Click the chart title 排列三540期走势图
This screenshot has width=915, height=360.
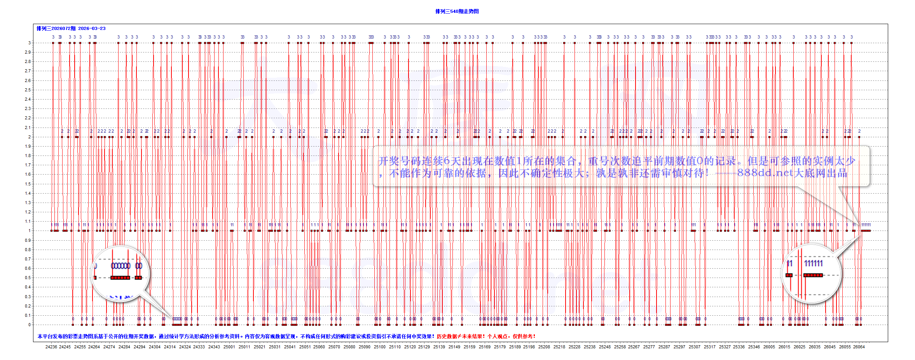[x=457, y=11]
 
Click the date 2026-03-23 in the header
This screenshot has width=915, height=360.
[x=92, y=28]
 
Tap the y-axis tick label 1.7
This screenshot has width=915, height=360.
[x=28, y=165]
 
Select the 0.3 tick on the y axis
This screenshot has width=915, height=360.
[x=28, y=297]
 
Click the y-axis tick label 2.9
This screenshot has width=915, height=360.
[x=28, y=52]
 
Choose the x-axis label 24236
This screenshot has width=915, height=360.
[x=51, y=347]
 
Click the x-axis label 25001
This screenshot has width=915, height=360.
[x=229, y=347]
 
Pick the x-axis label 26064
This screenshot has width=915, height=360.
[x=859, y=347]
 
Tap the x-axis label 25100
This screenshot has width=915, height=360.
[x=380, y=347]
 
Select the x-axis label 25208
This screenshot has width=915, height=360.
[x=544, y=347]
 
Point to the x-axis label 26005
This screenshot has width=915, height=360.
[x=769, y=347]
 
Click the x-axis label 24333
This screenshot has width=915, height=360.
[x=199, y=347]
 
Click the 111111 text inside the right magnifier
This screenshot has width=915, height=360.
[x=813, y=264]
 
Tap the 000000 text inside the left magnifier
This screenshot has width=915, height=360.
[x=120, y=266]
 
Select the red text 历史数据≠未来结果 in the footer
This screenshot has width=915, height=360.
[x=461, y=336]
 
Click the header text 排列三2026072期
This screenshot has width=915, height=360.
[x=56, y=28]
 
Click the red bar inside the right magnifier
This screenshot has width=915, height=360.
[x=813, y=275]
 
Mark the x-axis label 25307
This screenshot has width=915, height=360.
[x=695, y=347]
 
